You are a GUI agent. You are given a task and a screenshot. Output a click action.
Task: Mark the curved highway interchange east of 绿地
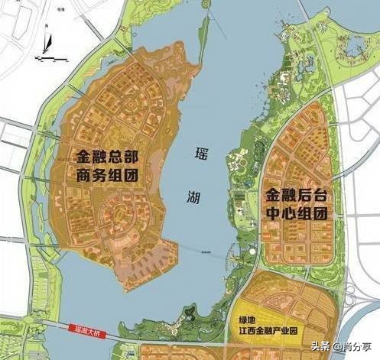(x=359, y=306)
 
